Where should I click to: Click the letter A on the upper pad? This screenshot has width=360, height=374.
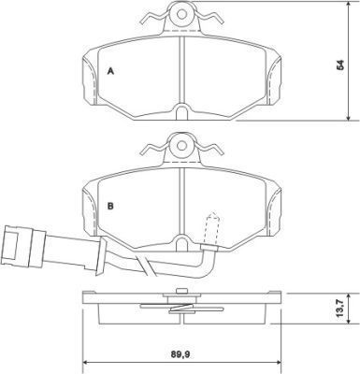point(110,71)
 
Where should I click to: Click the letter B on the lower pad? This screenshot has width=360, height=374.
point(110,206)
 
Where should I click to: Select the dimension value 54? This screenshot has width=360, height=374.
point(341,65)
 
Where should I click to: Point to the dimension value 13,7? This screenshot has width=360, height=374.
point(340,308)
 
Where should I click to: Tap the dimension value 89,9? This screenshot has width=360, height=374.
point(181,353)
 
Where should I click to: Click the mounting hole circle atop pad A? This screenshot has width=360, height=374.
point(181,13)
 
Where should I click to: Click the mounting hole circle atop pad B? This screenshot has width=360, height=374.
point(181,146)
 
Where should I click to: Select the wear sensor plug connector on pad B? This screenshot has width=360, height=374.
point(22,247)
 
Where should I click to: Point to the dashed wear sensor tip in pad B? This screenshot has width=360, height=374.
point(212,228)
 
